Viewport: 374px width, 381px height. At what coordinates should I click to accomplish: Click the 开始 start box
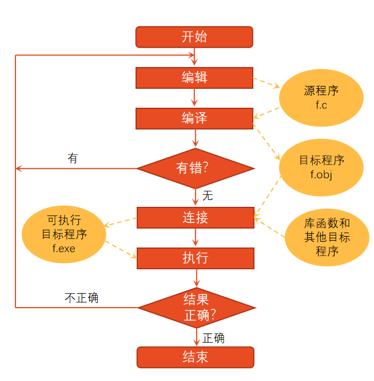(x=194, y=37)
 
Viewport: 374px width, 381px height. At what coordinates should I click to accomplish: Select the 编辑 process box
(x=194, y=78)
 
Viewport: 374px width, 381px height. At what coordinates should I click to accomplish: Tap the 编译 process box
(x=194, y=119)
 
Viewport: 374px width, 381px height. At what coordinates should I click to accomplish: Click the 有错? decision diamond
(x=195, y=168)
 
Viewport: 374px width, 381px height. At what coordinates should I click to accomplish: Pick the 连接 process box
(x=195, y=218)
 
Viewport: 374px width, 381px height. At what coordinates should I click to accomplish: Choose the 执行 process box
(x=195, y=258)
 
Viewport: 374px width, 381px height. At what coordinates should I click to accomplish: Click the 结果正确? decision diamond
(x=196, y=308)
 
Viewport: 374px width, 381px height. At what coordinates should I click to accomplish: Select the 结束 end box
(x=195, y=357)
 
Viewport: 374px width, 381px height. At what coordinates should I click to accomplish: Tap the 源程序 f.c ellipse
(x=321, y=98)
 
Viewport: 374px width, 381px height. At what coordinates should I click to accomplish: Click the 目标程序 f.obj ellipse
(x=321, y=167)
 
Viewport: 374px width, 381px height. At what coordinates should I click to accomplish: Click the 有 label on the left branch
(x=73, y=158)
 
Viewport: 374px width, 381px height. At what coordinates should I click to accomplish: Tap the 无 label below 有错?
(x=208, y=196)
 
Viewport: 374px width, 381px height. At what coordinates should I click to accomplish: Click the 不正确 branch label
(x=81, y=298)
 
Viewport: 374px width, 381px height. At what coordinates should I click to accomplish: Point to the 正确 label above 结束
(x=213, y=338)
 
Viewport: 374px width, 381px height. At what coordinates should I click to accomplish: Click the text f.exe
(x=64, y=249)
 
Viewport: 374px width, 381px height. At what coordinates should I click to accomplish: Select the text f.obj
(x=321, y=174)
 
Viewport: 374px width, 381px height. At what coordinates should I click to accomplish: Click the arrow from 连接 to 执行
(x=196, y=238)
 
